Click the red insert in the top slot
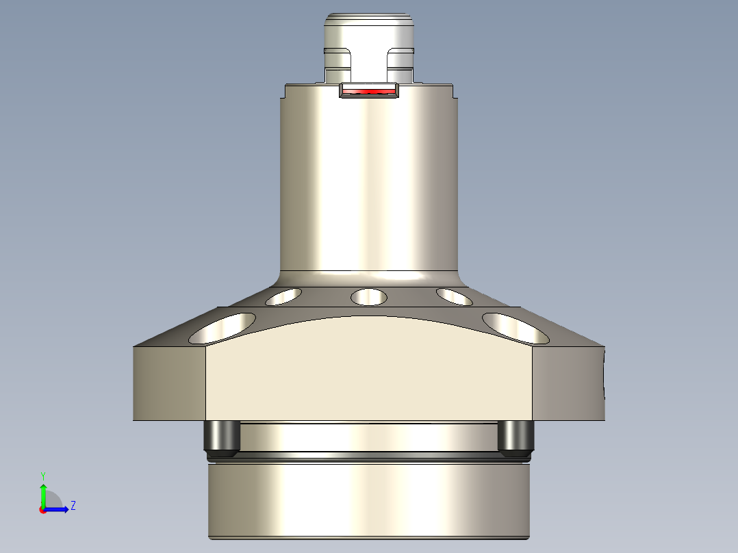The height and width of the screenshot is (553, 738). click(x=369, y=91)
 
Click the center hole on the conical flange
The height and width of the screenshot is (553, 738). click(x=369, y=297)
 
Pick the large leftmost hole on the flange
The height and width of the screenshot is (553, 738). click(x=222, y=329)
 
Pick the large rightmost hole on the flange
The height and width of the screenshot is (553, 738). click(x=516, y=328)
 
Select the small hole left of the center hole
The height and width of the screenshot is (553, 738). click(x=283, y=296)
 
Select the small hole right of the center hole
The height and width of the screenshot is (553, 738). click(x=454, y=296)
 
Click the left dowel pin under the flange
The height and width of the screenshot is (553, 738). click(x=221, y=439)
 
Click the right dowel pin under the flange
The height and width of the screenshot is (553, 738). click(x=516, y=439)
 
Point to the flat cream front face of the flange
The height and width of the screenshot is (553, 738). click(x=369, y=370)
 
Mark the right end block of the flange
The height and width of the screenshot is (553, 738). click(x=568, y=383)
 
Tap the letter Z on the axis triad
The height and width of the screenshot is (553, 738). click(x=73, y=506)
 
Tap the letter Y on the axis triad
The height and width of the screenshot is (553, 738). click(x=42, y=475)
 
